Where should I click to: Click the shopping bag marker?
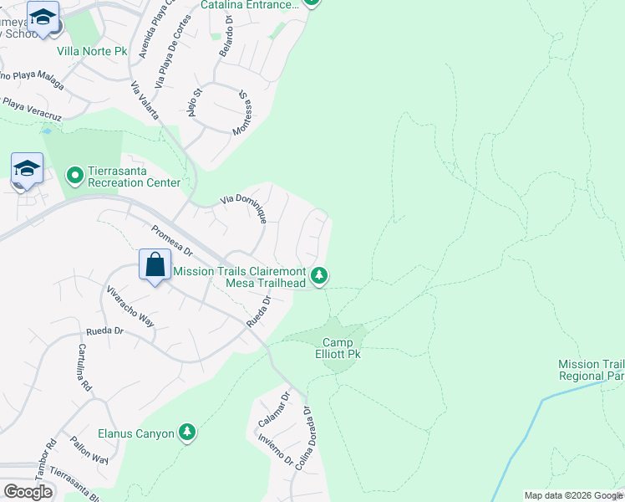pyautogui.click(x=155, y=266)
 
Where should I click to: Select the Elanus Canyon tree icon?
pyautogui.click(x=188, y=432)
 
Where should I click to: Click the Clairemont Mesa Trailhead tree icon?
pyautogui.click(x=318, y=274)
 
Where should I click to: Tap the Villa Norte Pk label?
pyautogui.click(x=92, y=51)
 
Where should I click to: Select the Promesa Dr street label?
pyautogui.click(x=171, y=241)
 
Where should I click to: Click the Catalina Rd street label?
pyautogui.click(x=84, y=368)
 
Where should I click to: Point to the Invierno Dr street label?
pyautogui.click(x=276, y=449)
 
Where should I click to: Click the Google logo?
pyautogui.click(x=28, y=491)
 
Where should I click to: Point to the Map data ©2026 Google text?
pyautogui.click(x=572, y=495)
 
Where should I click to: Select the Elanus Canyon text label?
pyautogui.click(x=136, y=433)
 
